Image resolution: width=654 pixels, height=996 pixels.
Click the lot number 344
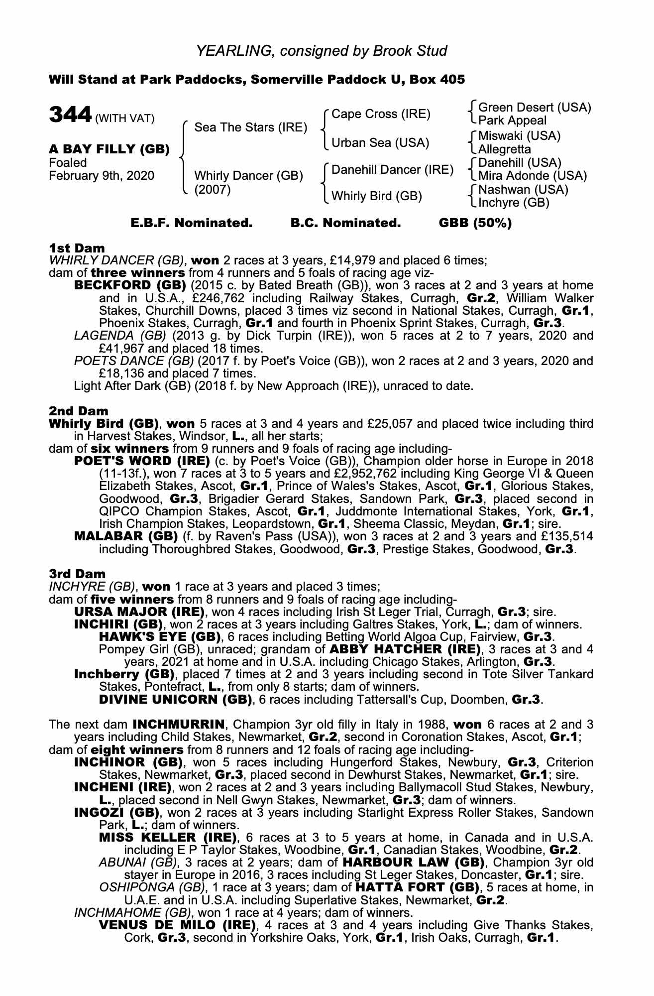(69, 115)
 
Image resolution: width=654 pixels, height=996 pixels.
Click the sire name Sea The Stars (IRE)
(250, 127)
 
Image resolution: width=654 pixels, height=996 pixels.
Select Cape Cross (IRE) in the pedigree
(381, 114)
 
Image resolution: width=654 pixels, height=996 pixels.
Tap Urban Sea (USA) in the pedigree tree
(380, 143)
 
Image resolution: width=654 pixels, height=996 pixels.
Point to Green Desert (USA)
(534, 108)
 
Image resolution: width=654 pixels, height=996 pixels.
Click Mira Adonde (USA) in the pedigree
(532, 176)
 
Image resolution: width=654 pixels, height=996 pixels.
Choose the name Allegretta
(504, 149)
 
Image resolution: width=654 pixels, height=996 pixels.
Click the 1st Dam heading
(77, 248)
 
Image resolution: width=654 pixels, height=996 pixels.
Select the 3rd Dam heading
(77, 574)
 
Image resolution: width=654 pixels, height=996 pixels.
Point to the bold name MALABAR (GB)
(126, 537)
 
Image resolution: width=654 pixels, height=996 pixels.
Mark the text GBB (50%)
(475, 223)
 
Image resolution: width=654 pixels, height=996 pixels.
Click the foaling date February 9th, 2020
(102, 176)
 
